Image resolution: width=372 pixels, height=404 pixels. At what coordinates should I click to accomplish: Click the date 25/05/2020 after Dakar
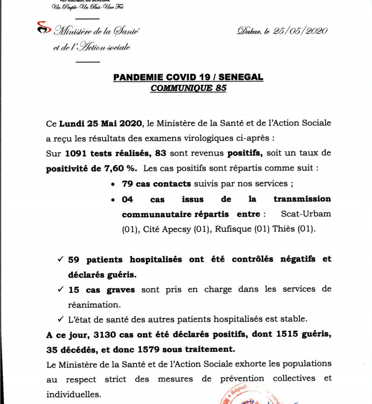pos(304,31)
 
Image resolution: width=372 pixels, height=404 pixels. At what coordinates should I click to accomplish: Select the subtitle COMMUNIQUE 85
pos(188,88)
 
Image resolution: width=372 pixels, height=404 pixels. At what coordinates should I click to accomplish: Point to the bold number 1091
pos(75,153)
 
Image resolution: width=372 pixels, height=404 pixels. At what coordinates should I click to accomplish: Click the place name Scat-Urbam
pos(306,214)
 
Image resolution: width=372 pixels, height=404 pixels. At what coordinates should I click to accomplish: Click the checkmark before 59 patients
pos(60,259)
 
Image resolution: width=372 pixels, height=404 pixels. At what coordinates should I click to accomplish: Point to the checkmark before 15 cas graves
pos(60,289)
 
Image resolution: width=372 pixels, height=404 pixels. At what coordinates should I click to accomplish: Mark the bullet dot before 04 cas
pos(113,199)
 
